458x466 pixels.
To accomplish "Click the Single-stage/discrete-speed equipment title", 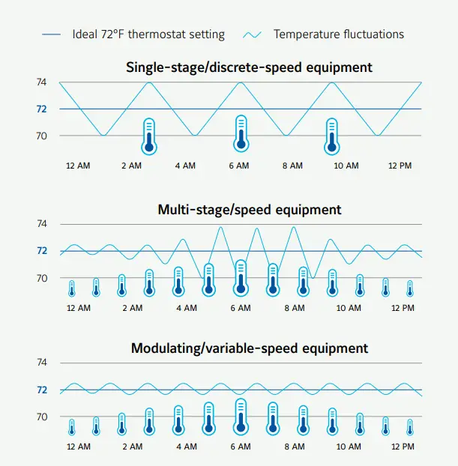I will (249, 67).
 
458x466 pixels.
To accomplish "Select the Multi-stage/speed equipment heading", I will (250, 210).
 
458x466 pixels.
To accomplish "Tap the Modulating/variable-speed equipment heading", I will (250, 348).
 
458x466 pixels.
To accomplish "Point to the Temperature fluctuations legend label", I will (338, 34).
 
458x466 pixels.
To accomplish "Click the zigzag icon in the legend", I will (253, 34).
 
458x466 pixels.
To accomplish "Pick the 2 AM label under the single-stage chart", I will (132, 166).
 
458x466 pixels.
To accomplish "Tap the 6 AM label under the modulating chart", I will (240, 447).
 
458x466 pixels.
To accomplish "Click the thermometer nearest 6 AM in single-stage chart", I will (241, 134).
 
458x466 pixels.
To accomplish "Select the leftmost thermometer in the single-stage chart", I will (149, 136).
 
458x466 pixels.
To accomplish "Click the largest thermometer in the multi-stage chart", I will (241, 278).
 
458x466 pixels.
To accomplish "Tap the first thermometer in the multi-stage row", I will (72, 288).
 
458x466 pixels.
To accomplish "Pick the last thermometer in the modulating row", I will (410, 427).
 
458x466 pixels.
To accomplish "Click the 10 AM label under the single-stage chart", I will (347, 166).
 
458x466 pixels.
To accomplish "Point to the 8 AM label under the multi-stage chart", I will (294, 308).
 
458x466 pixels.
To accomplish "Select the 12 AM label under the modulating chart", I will (78, 447).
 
